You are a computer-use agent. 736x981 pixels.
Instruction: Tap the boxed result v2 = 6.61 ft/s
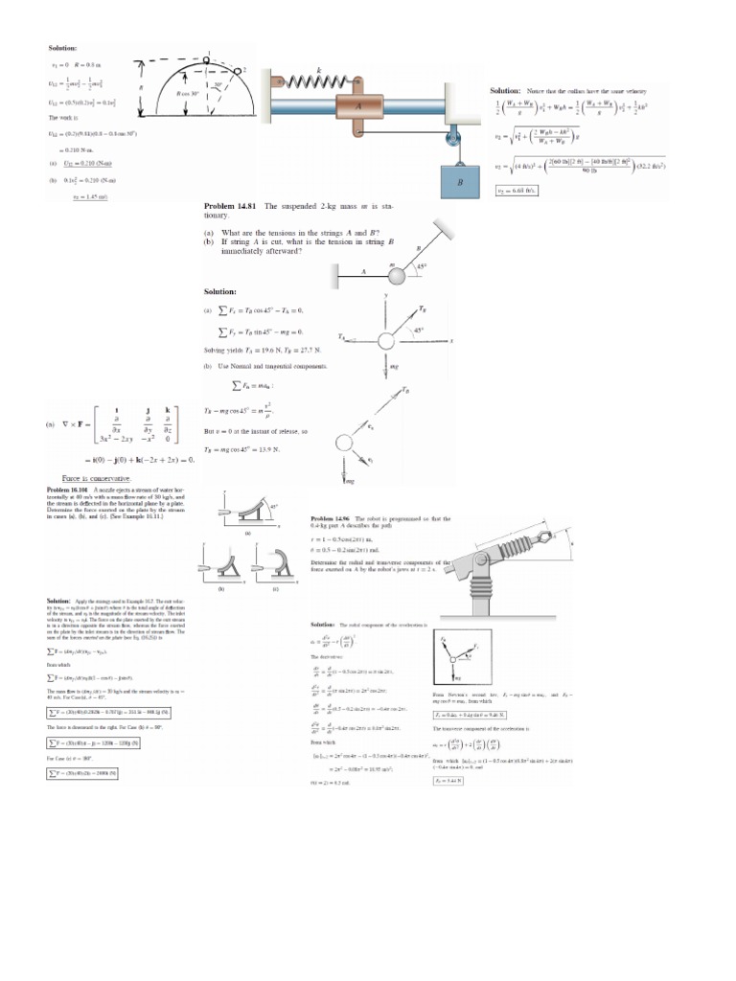tap(511, 191)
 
